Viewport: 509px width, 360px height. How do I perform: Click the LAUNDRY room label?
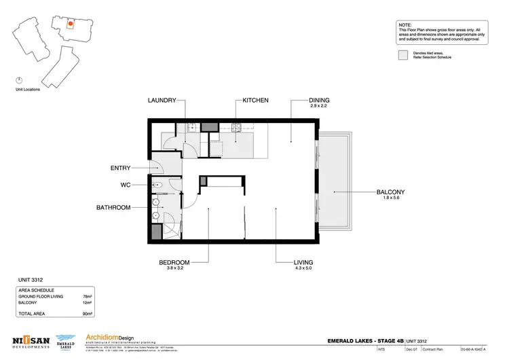tap(162, 101)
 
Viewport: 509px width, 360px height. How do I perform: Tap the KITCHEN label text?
tap(255, 101)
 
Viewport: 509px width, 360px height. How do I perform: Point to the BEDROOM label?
tap(174, 262)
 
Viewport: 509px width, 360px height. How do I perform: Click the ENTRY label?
tap(120, 168)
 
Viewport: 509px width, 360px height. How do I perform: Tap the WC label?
tap(126, 184)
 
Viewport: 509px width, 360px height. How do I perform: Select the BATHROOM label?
tap(113, 208)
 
